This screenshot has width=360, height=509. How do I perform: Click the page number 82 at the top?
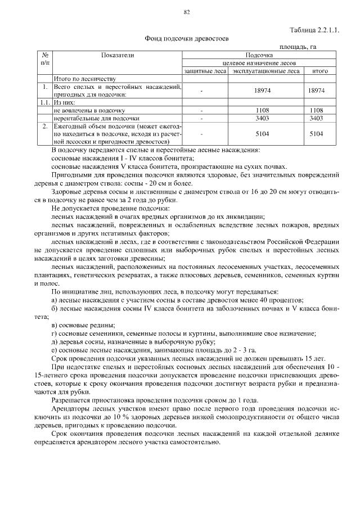click(x=187, y=12)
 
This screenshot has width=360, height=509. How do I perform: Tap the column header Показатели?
click(x=118, y=55)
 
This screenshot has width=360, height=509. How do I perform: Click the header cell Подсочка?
click(x=259, y=55)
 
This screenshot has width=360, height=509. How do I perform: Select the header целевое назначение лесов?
click(x=259, y=63)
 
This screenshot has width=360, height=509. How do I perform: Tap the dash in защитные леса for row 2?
click(x=201, y=134)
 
